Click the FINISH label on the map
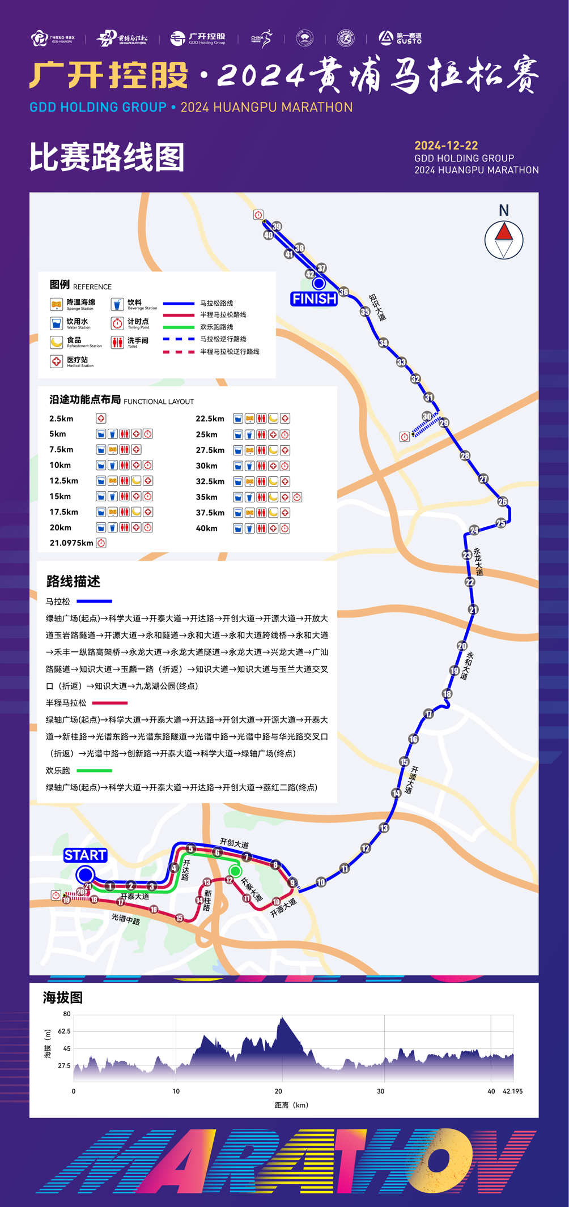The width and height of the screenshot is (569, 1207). (314, 298)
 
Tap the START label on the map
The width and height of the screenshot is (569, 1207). (85, 855)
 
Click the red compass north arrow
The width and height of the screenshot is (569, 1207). (503, 232)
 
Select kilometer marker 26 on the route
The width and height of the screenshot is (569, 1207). (503, 501)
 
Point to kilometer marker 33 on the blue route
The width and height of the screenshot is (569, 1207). (401, 362)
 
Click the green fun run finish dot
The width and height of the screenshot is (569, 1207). (235, 871)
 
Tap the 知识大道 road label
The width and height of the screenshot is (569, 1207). (377, 307)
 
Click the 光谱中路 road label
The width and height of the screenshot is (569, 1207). (125, 919)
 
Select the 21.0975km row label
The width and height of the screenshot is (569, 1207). (71, 543)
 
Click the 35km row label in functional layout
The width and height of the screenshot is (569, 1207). (206, 497)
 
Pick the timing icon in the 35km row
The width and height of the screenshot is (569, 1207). (296, 497)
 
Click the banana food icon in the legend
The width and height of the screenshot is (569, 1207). (56, 342)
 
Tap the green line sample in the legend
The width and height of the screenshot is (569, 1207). (179, 327)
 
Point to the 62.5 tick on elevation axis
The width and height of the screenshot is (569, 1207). (64, 1031)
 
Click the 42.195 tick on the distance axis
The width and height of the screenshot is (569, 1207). (512, 1091)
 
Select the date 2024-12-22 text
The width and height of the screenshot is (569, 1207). (446, 146)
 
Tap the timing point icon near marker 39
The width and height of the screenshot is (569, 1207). (258, 215)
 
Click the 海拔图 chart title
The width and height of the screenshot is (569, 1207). (63, 997)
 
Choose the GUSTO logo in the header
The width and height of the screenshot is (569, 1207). (401, 38)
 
